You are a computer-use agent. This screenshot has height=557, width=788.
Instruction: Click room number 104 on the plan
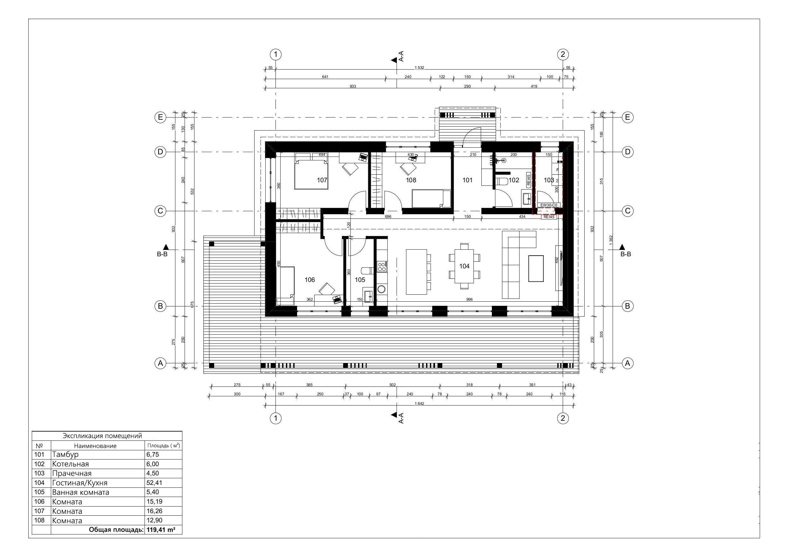(x=464, y=266)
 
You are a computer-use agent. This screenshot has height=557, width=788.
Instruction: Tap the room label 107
(x=322, y=180)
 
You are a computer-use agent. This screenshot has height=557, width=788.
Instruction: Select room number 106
(x=309, y=280)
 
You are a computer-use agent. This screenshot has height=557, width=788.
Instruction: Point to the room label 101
(x=467, y=180)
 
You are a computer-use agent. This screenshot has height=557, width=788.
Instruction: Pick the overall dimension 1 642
(x=419, y=404)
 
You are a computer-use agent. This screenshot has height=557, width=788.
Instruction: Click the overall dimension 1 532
(x=419, y=68)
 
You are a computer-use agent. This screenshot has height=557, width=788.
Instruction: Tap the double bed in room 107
(x=311, y=175)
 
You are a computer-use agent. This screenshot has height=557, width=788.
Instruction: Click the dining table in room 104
(x=464, y=266)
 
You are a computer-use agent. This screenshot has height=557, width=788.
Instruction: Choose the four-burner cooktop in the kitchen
(x=382, y=266)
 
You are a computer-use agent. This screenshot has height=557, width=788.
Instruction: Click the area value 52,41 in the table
(x=154, y=483)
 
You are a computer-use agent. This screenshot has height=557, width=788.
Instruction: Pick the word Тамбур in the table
(x=65, y=454)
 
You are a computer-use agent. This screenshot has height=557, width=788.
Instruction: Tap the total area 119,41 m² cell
(x=161, y=530)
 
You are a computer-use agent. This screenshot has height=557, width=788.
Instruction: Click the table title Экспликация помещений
(x=102, y=436)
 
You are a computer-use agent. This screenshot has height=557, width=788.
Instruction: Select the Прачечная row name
(x=72, y=473)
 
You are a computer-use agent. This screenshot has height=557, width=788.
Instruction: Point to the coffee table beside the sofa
(x=536, y=268)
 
